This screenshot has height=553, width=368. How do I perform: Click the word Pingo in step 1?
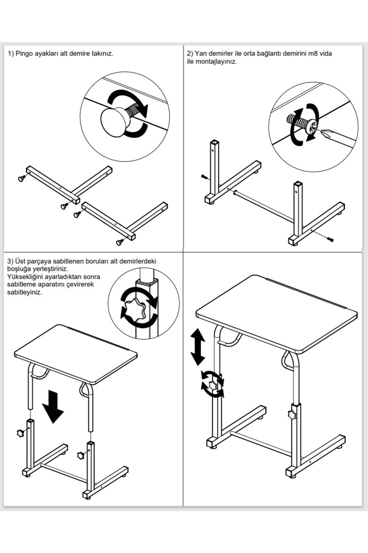point(24,53)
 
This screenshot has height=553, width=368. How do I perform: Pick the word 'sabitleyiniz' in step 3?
point(25,292)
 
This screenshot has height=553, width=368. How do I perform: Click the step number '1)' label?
point(11,53)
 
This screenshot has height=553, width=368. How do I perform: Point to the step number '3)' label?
point(10,261)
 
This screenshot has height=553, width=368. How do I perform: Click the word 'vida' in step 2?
point(326,53)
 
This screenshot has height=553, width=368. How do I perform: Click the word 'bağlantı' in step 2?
point(269,53)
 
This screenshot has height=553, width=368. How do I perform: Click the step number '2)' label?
point(190,53)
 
